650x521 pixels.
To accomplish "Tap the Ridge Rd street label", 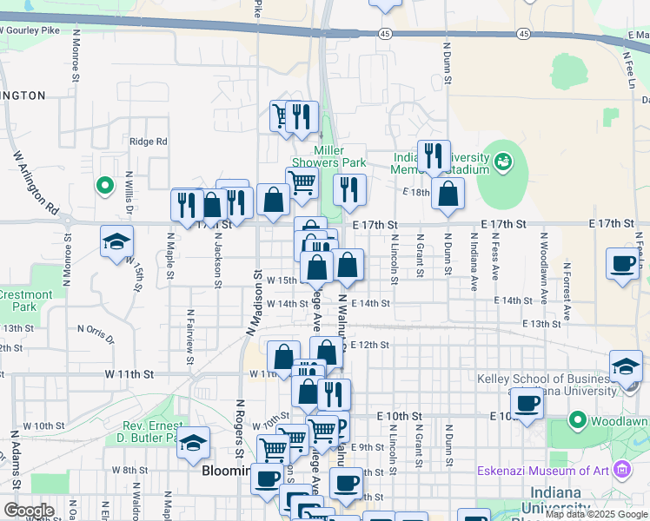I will [148, 142].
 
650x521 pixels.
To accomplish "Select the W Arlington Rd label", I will [36, 184].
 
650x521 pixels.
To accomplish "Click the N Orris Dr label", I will [96, 330].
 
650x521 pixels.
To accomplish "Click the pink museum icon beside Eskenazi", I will [622, 471].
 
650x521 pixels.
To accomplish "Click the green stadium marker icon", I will [502, 162].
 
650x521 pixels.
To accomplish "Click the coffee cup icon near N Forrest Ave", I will [622, 263].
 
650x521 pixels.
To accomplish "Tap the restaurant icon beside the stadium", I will [434, 156].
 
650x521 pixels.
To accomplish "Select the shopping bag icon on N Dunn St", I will [448, 194].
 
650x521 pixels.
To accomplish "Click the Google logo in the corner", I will [29, 511].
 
